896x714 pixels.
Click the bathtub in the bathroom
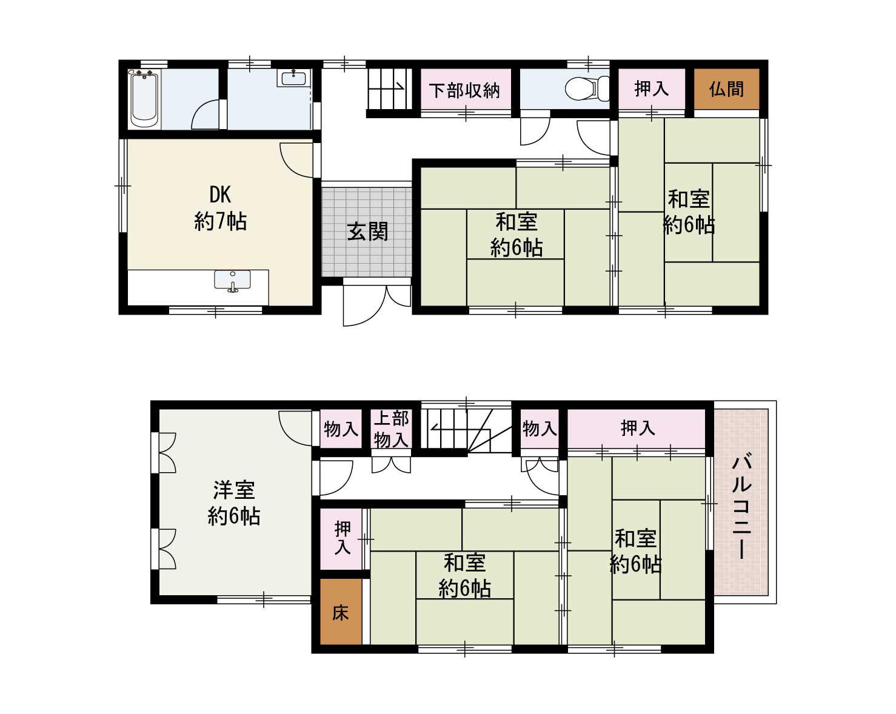click(144, 99)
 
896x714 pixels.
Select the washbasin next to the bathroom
click(294, 78)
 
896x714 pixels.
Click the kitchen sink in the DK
click(232, 281)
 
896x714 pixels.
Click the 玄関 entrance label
click(367, 232)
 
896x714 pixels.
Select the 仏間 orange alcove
click(726, 89)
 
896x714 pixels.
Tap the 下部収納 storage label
click(464, 90)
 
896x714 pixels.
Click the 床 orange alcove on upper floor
click(341, 612)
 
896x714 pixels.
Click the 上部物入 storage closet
click(391, 429)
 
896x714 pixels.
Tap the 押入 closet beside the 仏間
click(651, 89)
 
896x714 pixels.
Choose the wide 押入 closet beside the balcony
click(637, 429)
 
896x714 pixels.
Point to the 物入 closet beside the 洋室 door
click(341, 429)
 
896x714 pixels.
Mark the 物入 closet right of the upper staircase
click(539, 429)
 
